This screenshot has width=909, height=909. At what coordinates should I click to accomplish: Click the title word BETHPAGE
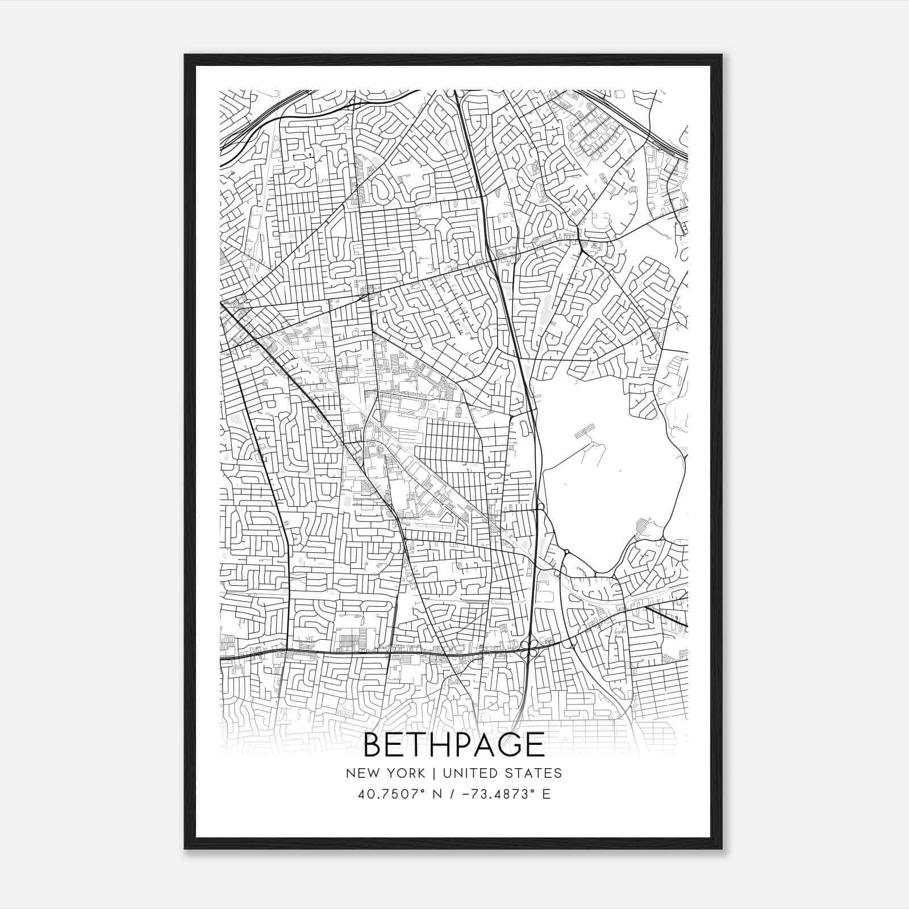pyautogui.click(x=453, y=745)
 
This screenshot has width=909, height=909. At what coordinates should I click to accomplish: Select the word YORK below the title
pyautogui.click(x=405, y=773)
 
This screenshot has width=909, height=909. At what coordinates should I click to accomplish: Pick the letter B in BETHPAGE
pyautogui.click(x=373, y=745)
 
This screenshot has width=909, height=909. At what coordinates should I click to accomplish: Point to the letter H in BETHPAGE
pyautogui.click(x=433, y=745)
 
